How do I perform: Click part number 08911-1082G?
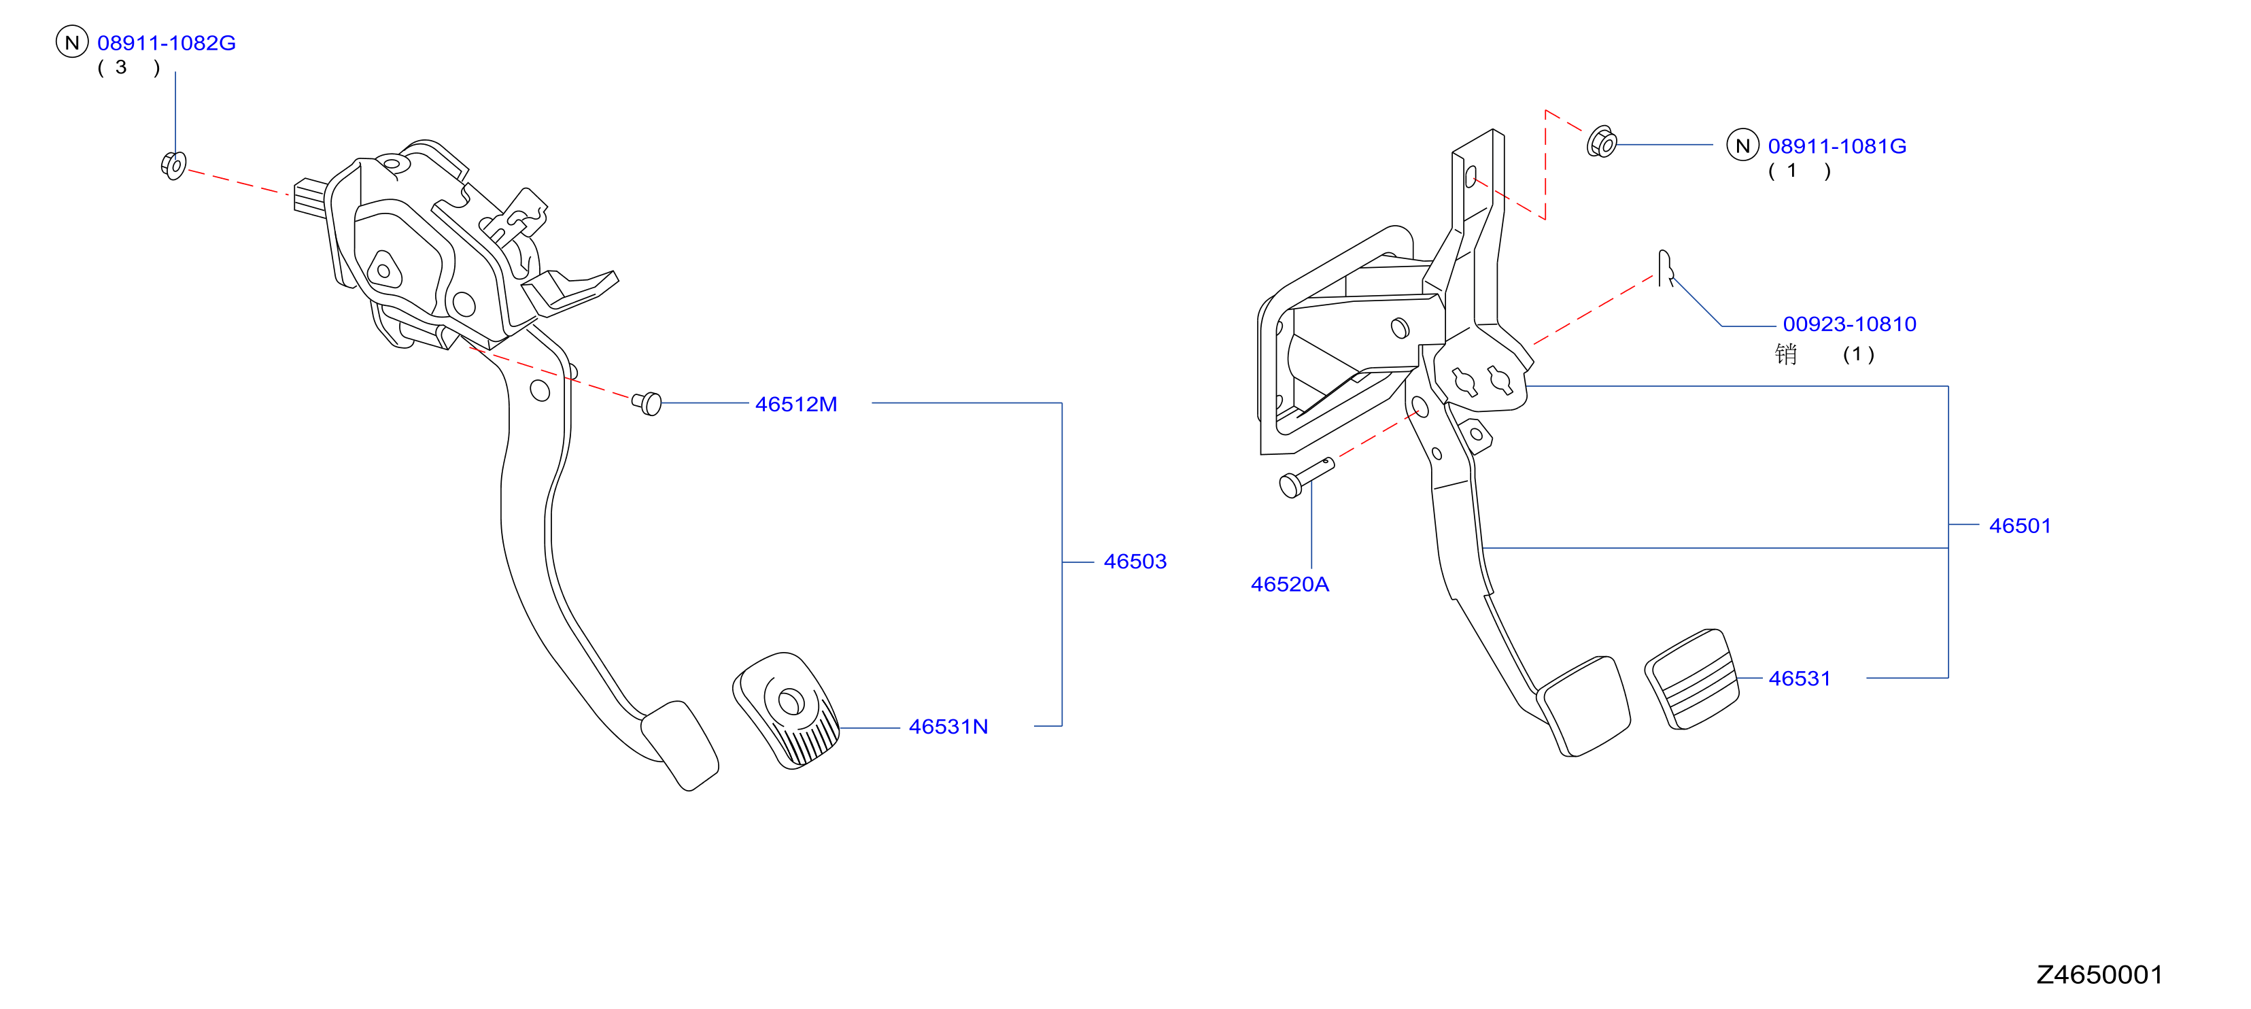click(166, 43)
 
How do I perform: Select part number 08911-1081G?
click(1837, 146)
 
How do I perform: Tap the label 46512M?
click(796, 404)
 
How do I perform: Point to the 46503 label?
click(1135, 561)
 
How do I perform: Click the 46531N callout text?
click(948, 726)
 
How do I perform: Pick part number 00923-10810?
click(1849, 324)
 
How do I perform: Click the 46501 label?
click(2019, 525)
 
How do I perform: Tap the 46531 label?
click(1799, 678)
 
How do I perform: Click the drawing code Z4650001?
click(2099, 974)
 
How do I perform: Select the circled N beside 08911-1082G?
click(73, 42)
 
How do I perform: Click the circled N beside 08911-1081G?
click(1742, 145)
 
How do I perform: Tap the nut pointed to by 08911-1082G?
click(174, 165)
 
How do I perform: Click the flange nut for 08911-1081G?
click(1602, 142)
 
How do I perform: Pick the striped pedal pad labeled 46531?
click(1691, 679)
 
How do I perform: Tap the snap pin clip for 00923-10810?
click(1666, 267)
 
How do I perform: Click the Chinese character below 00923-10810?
click(1785, 354)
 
